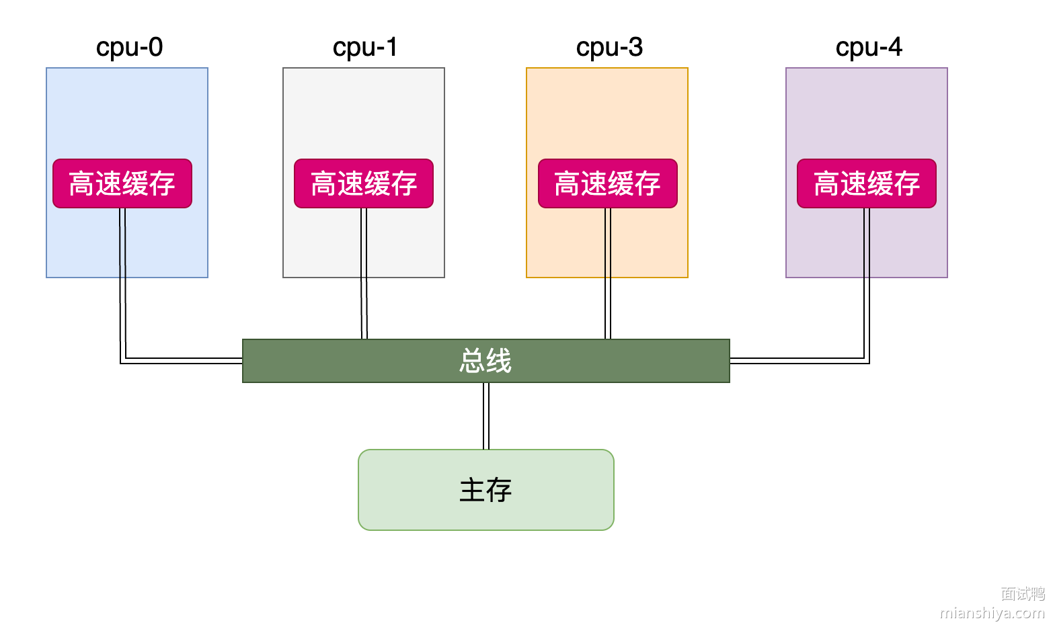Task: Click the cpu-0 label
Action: click(x=129, y=47)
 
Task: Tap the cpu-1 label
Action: click(x=365, y=47)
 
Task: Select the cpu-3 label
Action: click(x=609, y=47)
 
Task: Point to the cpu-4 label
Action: click(x=869, y=47)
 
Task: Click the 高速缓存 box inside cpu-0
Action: click(x=122, y=183)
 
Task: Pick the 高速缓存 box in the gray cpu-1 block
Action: click(x=364, y=183)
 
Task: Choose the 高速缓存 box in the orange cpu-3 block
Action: click(x=608, y=183)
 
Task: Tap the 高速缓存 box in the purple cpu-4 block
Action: click(x=867, y=183)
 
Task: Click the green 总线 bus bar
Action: click(x=336, y=361)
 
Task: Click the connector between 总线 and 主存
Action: click(x=486, y=416)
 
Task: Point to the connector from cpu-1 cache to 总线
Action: click(x=364, y=282)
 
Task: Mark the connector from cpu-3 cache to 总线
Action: click(x=608, y=282)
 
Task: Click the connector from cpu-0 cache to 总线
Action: click(x=123, y=302)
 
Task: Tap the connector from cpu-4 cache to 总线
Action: click(x=867, y=302)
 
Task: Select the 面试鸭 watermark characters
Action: click(x=1023, y=593)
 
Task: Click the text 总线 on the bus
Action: click(x=485, y=361)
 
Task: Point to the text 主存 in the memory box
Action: click(x=485, y=490)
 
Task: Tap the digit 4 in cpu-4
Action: click(x=894, y=47)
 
